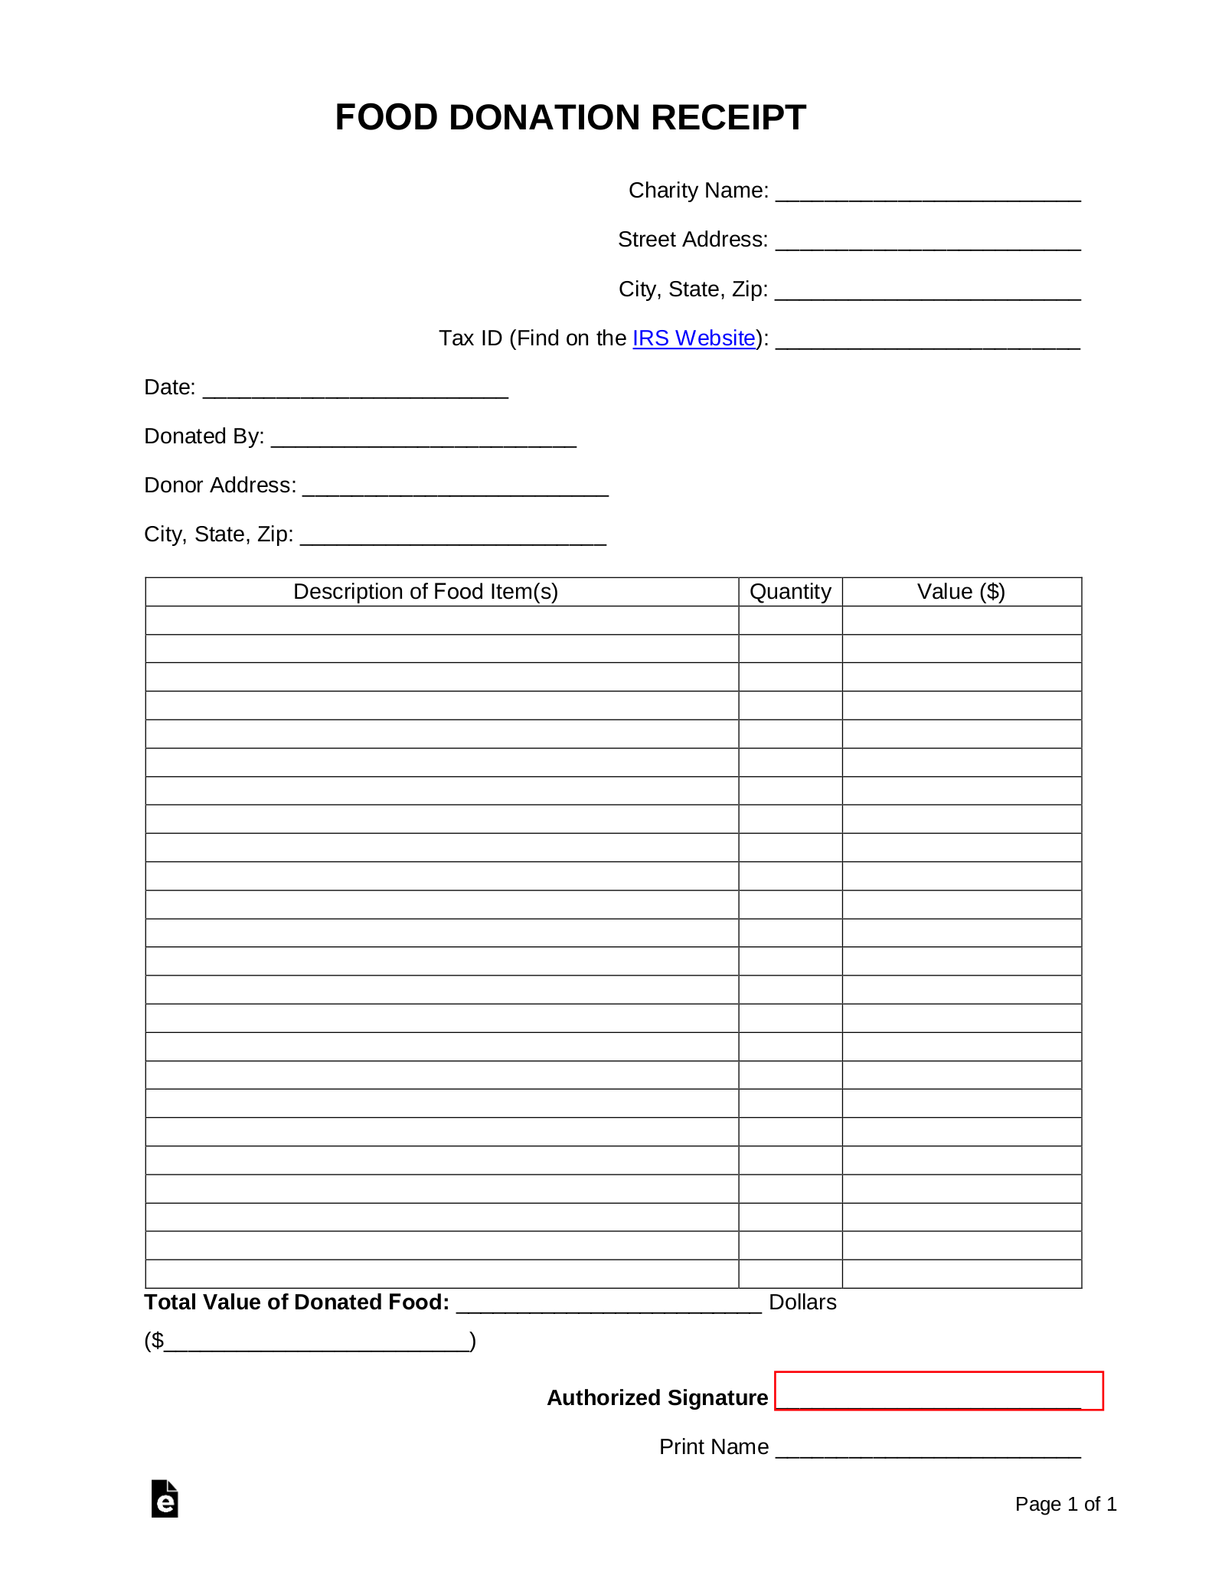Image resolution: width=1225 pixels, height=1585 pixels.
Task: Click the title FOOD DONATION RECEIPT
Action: coord(570,117)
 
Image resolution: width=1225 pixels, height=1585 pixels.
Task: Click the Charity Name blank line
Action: coord(927,192)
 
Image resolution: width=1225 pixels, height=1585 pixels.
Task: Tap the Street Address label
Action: coord(692,240)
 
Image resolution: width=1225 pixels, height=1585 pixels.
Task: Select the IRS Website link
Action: coord(694,338)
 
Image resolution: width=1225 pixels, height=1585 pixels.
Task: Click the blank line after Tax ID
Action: coord(927,340)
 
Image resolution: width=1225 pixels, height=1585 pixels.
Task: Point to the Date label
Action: coord(169,387)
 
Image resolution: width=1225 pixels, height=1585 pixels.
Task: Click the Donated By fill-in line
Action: coord(423,439)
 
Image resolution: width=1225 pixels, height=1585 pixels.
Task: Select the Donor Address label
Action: coord(220,485)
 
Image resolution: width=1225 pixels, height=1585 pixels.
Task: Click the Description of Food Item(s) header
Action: coord(426,592)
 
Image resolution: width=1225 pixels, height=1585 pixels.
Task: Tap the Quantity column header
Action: coord(790,592)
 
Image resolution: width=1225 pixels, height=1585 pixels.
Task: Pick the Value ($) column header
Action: coord(961,592)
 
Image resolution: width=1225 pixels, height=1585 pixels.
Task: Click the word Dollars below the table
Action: coord(802,1302)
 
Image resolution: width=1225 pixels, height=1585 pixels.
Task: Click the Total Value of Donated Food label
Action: coord(296,1302)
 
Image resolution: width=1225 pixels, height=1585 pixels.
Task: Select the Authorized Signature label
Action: coord(657,1398)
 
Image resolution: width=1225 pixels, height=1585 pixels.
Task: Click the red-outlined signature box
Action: coord(939,1391)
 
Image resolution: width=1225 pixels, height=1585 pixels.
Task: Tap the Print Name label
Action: coord(714,1447)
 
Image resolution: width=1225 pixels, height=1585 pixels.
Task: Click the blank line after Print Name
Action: coord(927,1449)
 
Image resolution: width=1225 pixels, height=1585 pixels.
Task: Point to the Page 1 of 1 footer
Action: coord(1066,1505)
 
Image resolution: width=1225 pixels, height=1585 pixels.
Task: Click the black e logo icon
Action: coord(165,1499)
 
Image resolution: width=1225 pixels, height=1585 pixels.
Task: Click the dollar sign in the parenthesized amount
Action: coord(157,1341)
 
